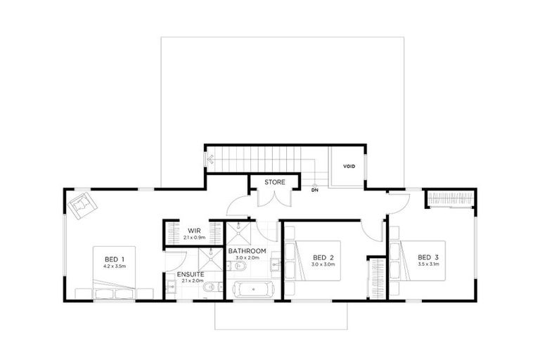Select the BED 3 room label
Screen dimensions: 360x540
pyautogui.click(x=427, y=257)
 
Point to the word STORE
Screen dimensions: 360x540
pyautogui.click(x=274, y=182)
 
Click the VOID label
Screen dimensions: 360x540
pyautogui.click(x=349, y=167)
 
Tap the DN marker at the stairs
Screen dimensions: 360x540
pyautogui.click(x=314, y=190)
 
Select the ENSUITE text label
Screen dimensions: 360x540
pyautogui.click(x=191, y=273)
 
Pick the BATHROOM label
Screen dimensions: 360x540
pyautogui.click(x=247, y=250)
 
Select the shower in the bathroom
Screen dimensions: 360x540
pyautogui.click(x=239, y=231)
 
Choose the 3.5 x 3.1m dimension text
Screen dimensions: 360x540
pyautogui.click(x=427, y=266)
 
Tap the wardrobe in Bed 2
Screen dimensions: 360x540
pyautogui.click(x=377, y=277)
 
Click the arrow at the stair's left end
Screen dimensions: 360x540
pyautogui.click(x=210, y=160)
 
